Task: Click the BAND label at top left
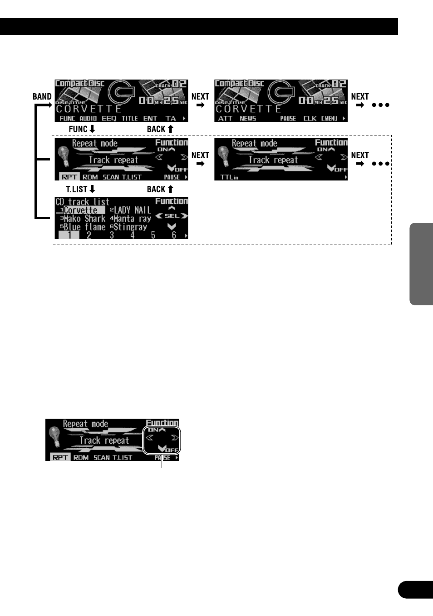point(42,96)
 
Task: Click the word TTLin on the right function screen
point(229,177)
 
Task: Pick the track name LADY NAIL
point(132,210)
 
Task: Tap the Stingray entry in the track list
point(130,227)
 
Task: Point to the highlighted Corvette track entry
point(80,210)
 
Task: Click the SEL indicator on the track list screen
point(172,216)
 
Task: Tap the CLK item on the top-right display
point(310,118)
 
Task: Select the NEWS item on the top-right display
point(248,118)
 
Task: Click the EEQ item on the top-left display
point(109,118)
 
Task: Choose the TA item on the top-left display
point(171,118)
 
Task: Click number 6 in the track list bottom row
point(174,235)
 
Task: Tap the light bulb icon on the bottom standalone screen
point(55,437)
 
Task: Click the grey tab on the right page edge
point(421,264)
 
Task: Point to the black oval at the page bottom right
point(415,590)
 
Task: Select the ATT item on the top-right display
point(225,118)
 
